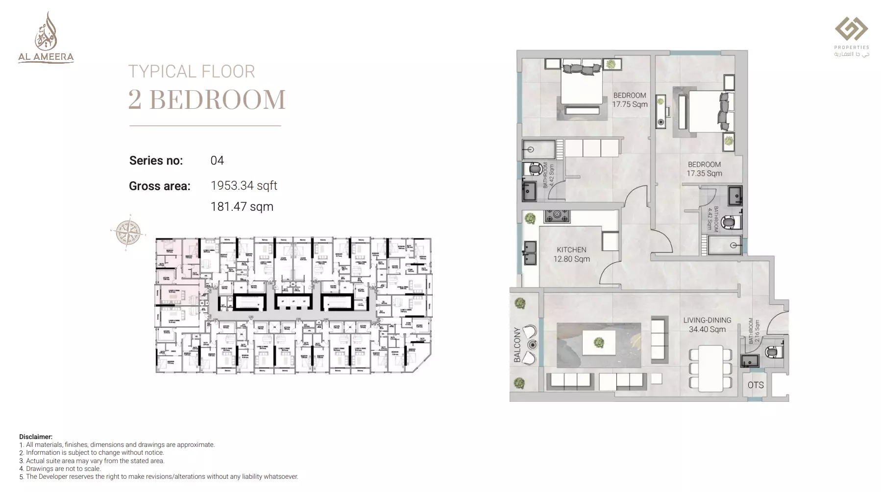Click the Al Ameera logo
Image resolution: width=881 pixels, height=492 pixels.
[x=46, y=38]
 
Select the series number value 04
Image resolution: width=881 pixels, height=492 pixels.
[x=217, y=161]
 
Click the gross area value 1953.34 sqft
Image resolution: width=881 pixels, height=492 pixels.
[x=244, y=186]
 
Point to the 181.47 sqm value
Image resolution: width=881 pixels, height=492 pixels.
[x=242, y=207]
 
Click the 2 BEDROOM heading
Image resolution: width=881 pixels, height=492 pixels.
[x=207, y=99]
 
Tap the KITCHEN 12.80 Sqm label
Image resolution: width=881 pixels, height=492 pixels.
[x=571, y=254]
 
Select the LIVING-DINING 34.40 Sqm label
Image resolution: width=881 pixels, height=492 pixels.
[x=707, y=324]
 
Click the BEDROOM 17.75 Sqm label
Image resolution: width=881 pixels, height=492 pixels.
[x=630, y=100]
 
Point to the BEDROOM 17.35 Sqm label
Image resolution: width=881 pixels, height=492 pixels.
[x=704, y=169]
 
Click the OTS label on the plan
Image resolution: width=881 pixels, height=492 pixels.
[x=755, y=385]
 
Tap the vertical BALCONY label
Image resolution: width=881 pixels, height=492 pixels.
[x=517, y=345]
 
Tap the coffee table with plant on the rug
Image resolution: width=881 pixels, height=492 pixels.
[x=599, y=342]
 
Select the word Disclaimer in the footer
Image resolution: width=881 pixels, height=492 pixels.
[x=35, y=437]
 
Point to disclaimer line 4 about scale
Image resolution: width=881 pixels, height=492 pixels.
[x=60, y=468]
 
